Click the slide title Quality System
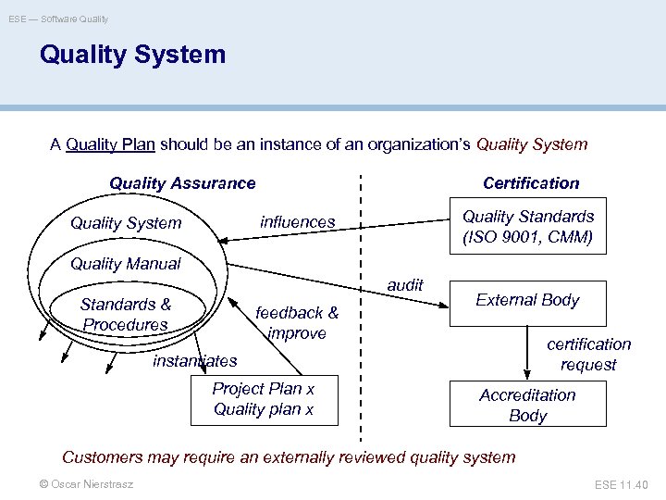(132, 55)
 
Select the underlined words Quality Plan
(110, 144)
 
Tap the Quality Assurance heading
(182, 183)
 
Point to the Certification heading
(531, 183)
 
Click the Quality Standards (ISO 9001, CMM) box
(527, 226)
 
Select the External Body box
(527, 300)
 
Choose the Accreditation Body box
(527, 406)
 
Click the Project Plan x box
(264, 399)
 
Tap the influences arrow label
(298, 222)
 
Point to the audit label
(405, 285)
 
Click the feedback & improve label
(297, 322)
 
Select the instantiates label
(195, 360)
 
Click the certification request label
(588, 354)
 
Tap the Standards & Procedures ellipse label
(126, 314)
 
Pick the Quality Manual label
(126, 264)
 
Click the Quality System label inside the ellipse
(126, 223)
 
